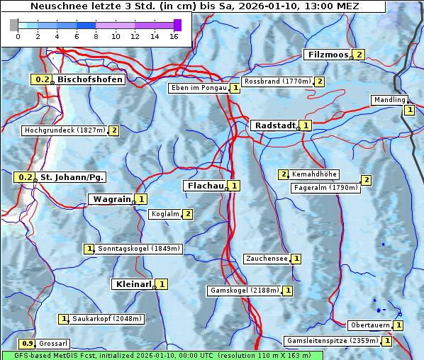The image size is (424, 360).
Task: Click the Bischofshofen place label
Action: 90,79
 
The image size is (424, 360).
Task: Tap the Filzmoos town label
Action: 328,55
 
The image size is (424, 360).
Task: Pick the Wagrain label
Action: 111,199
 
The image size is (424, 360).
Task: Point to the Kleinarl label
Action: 133,284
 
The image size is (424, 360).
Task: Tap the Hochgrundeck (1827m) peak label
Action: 65,130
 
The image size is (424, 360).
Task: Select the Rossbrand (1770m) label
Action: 277,81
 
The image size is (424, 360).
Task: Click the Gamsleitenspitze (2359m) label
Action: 331,341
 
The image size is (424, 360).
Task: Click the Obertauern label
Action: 369,325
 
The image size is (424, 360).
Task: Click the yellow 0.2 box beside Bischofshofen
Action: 42,79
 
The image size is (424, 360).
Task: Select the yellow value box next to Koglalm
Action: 187,214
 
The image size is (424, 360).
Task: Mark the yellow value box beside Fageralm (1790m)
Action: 366,180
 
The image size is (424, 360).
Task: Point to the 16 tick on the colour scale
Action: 173,35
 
